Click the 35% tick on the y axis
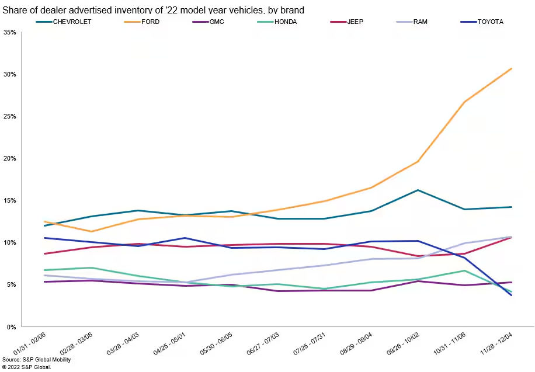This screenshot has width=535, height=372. tap(11, 32)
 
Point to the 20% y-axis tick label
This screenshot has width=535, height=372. tap(11, 158)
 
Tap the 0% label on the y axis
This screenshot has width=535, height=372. tap(12, 326)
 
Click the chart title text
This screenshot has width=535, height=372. tap(154, 10)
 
